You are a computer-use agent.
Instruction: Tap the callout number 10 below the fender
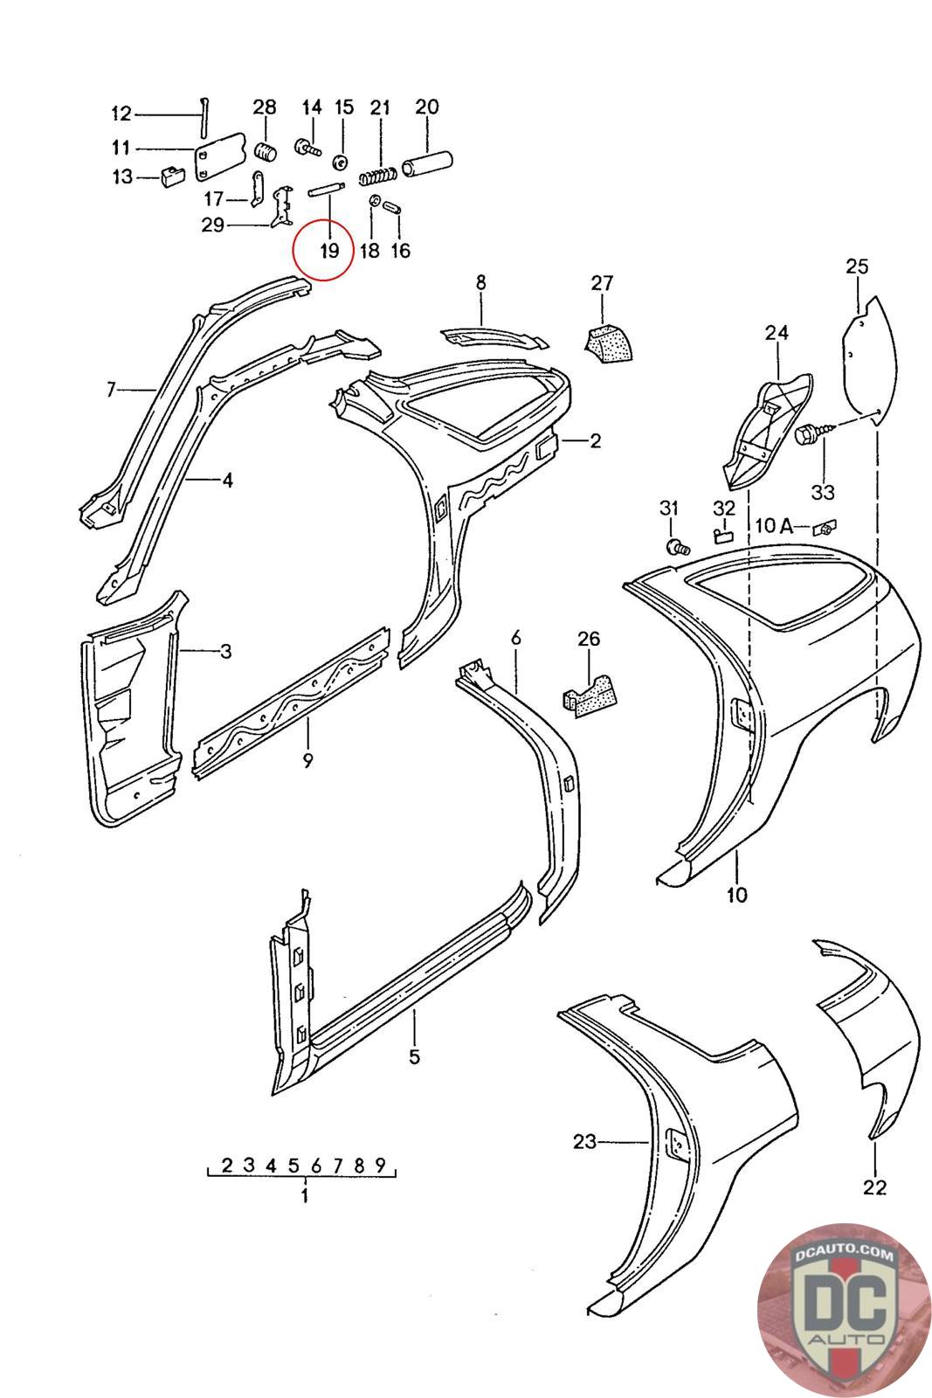pyautogui.click(x=736, y=894)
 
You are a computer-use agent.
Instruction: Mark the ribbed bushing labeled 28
pyautogui.click(x=265, y=149)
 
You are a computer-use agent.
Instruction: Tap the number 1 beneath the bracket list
pyautogui.click(x=304, y=1196)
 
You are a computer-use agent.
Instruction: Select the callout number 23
pyautogui.click(x=584, y=1140)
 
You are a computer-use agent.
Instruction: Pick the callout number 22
pyautogui.click(x=873, y=1187)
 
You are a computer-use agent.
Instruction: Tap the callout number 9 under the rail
pyautogui.click(x=307, y=759)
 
